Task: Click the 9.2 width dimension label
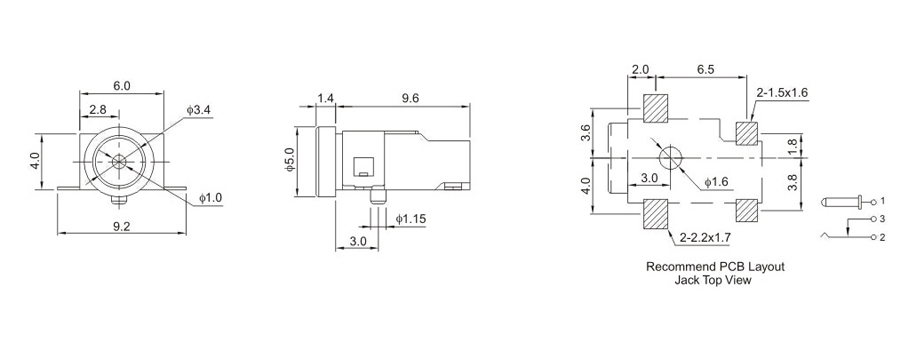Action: coord(121,227)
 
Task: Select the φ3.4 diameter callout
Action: coord(199,110)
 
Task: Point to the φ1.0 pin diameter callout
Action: coord(210,198)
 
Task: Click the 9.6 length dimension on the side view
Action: coord(409,99)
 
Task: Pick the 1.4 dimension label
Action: coord(326,99)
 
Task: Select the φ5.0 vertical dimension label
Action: coord(289,160)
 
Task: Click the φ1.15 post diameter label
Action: coord(410,219)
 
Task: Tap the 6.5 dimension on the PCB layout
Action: coord(705,69)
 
